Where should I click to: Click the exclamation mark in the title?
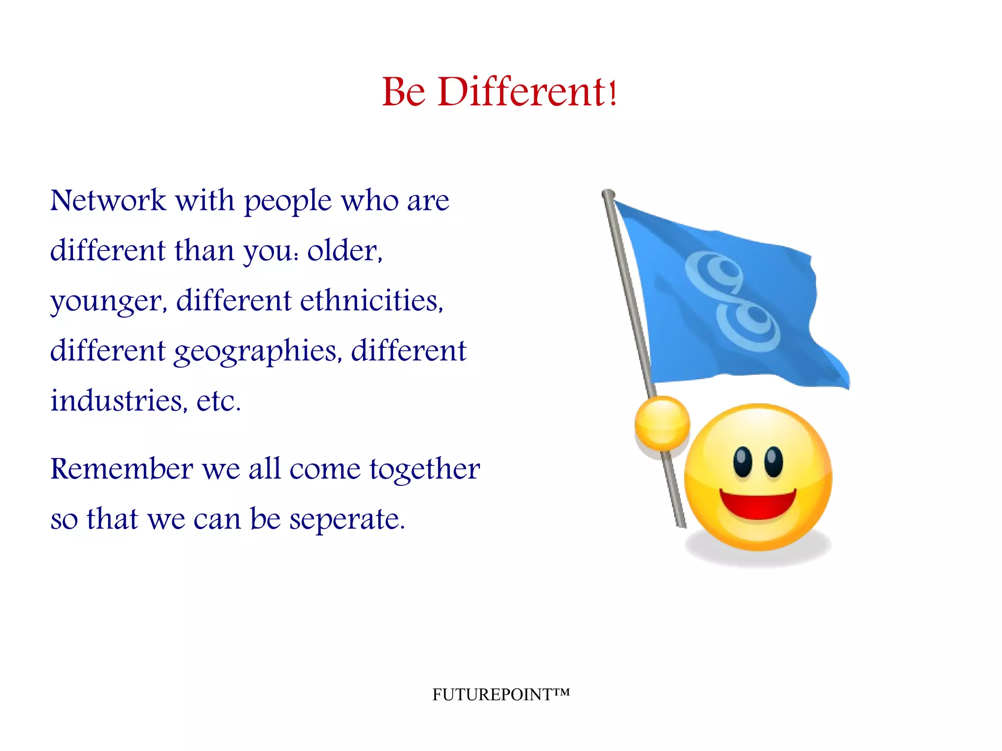pyautogui.click(x=613, y=93)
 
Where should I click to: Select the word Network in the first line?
pyautogui.click(x=108, y=200)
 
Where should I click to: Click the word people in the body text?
pyautogui.click(x=288, y=202)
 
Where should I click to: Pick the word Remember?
pyautogui.click(x=122, y=469)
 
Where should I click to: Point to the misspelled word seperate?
pyautogui.click(x=347, y=520)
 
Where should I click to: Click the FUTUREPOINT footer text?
pyautogui.click(x=501, y=694)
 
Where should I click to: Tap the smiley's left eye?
pyautogui.click(x=742, y=461)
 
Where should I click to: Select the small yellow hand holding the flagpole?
pyautogui.click(x=662, y=423)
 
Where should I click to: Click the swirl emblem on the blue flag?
pyautogui.click(x=732, y=301)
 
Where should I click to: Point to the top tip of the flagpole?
pyautogui.click(x=608, y=194)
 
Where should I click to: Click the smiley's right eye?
pyautogui.click(x=773, y=461)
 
